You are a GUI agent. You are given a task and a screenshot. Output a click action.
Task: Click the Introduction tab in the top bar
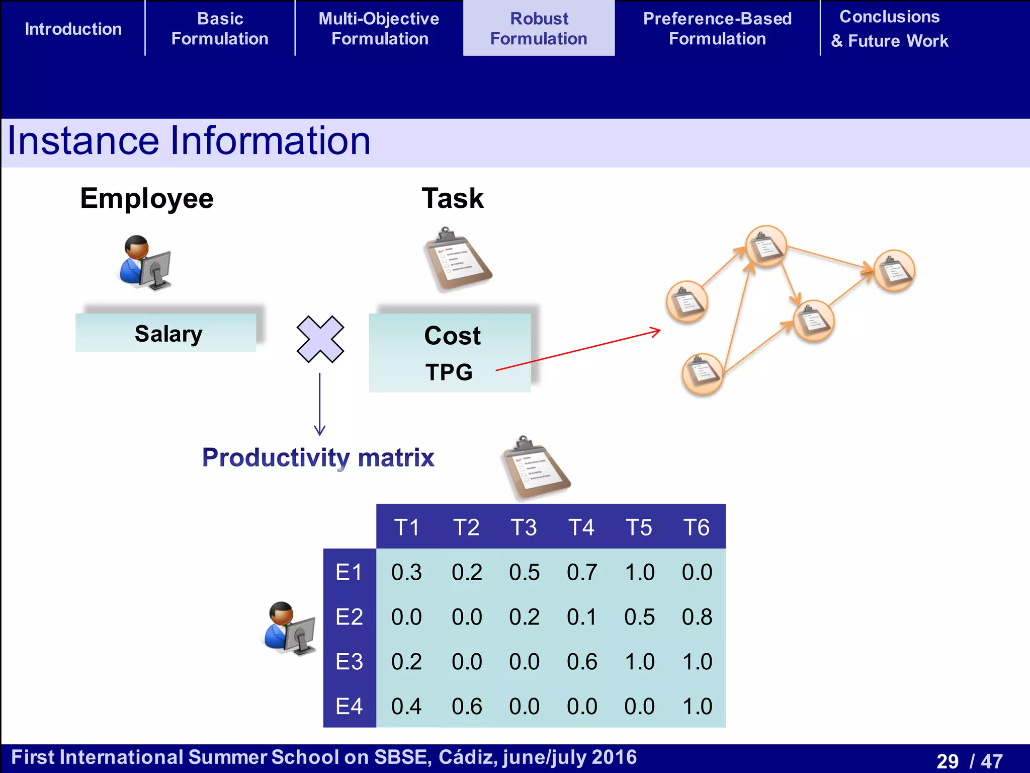tap(73, 29)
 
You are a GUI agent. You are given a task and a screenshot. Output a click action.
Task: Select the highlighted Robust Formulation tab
tap(539, 29)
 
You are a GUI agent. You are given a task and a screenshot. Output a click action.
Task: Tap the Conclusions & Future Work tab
tap(889, 29)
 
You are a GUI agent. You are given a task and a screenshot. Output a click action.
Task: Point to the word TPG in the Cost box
tap(449, 372)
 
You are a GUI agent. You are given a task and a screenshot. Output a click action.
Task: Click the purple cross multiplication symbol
tap(320, 339)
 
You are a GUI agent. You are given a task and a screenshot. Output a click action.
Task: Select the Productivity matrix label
tap(318, 457)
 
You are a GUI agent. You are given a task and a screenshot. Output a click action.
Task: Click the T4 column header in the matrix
tap(581, 527)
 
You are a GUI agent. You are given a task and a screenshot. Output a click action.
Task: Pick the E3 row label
tap(349, 661)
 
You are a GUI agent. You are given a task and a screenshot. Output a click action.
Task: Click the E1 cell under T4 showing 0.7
tap(581, 572)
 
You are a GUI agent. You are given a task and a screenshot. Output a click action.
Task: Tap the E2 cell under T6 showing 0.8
tap(697, 617)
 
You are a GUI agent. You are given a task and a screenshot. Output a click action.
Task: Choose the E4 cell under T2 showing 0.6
tap(467, 706)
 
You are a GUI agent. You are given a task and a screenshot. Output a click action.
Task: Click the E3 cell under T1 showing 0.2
tap(406, 661)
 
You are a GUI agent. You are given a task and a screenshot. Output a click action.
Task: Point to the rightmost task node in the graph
tap(894, 270)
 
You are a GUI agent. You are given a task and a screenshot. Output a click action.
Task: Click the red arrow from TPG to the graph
tap(578, 351)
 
